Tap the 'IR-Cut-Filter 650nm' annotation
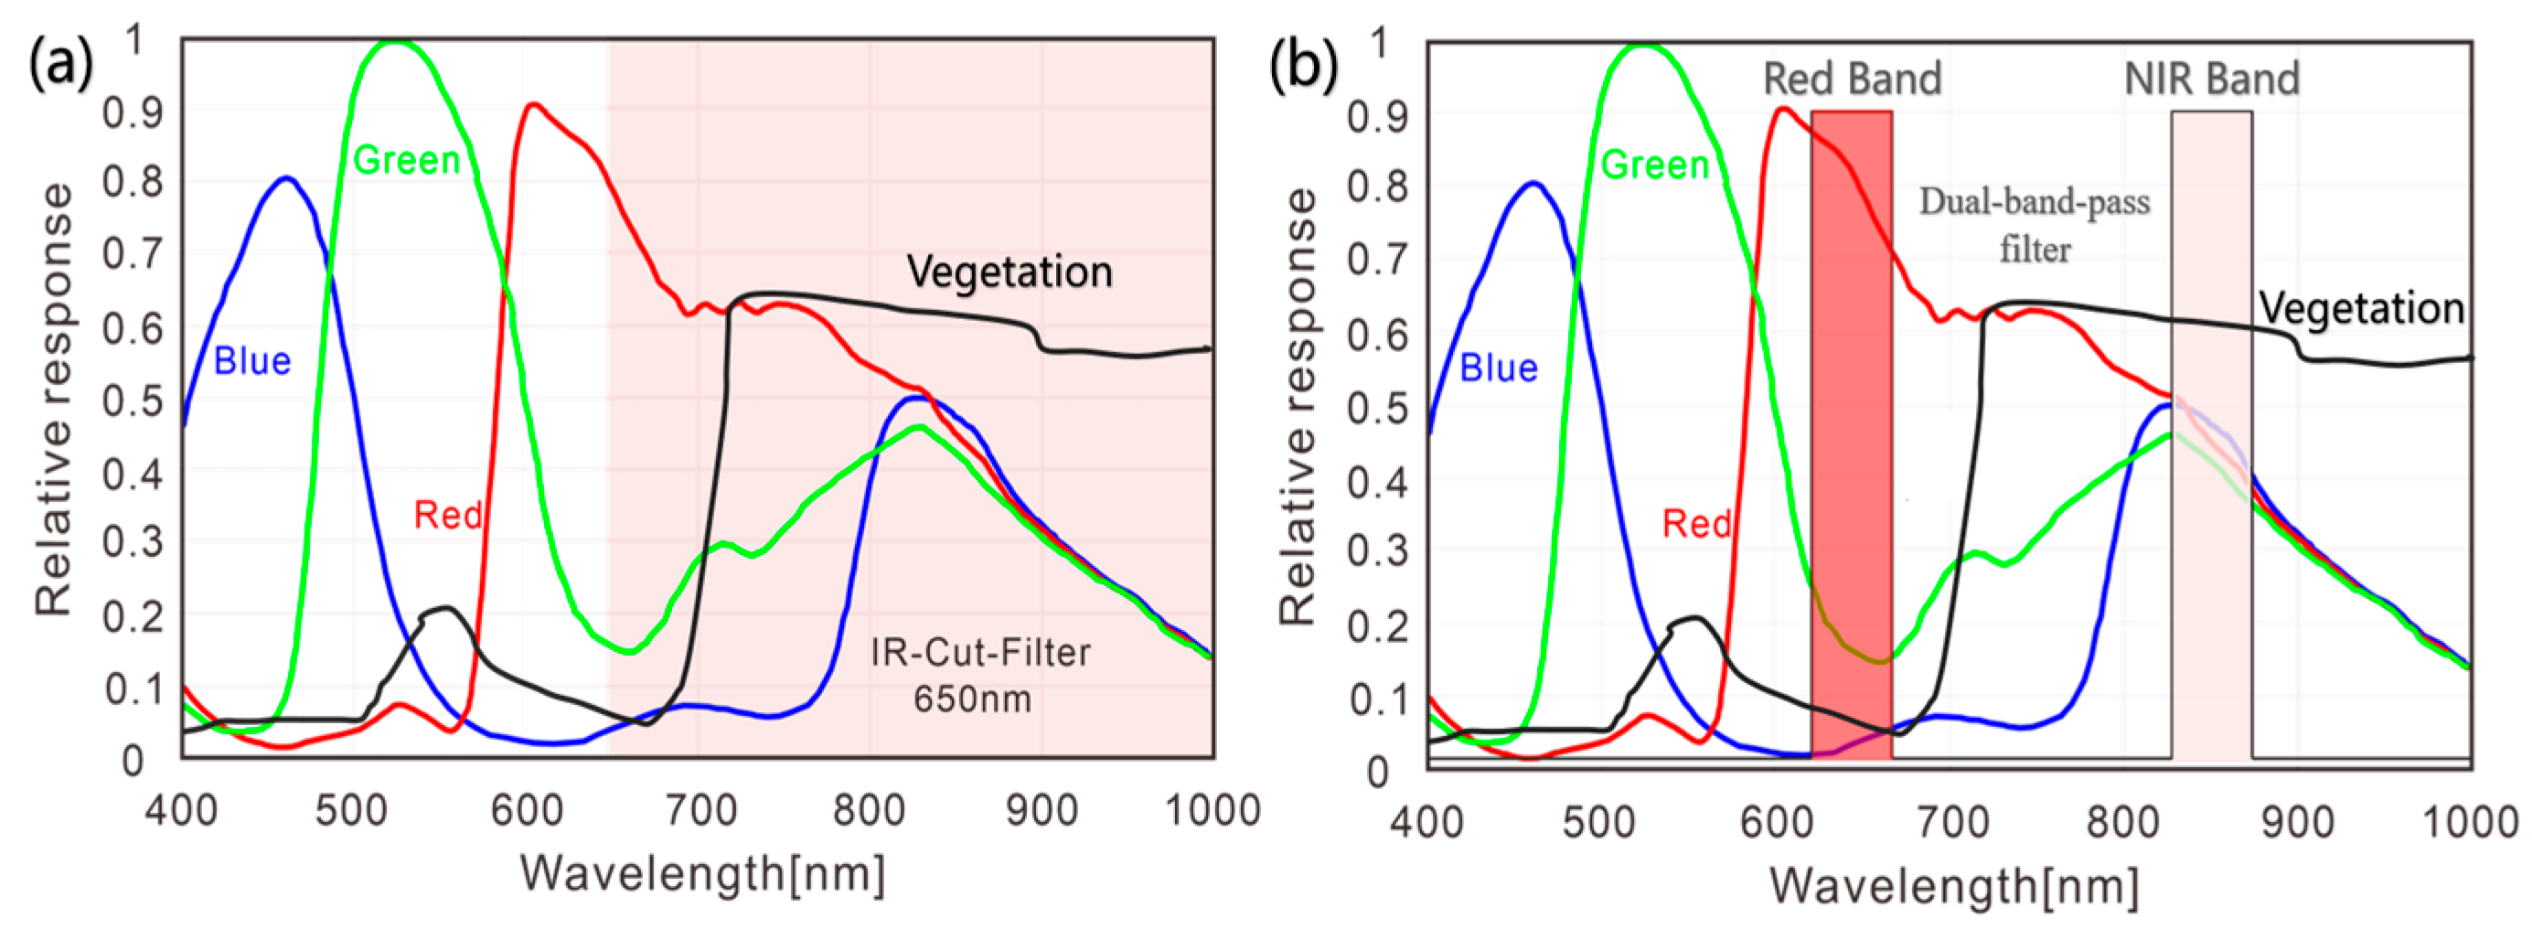point(979,676)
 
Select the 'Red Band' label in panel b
point(1852,79)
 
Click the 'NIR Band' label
point(2212,79)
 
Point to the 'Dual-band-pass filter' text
point(2035,225)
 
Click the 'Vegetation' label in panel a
point(1009,272)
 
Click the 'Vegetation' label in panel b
point(2361,309)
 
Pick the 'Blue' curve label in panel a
point(252,361)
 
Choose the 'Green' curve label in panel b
point(1655,165)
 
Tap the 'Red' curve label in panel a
point(447,515)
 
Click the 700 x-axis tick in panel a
point(699,811)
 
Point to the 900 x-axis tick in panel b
point(2297,821)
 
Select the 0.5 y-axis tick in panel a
point(132,400)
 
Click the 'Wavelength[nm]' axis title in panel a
point(701,873)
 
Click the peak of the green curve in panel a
point(395,42)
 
